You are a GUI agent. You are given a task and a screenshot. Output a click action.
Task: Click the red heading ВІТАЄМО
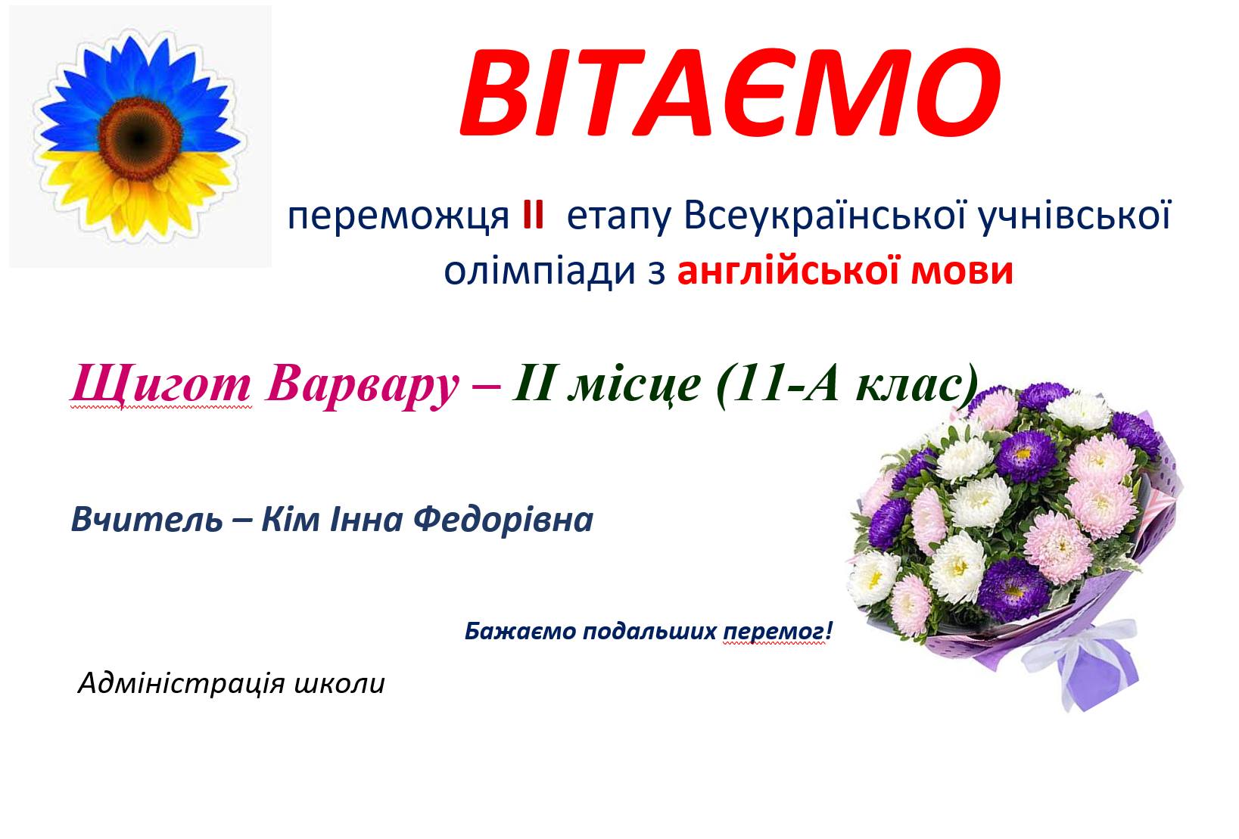730,93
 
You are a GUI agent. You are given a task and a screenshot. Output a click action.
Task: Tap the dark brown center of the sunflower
140,138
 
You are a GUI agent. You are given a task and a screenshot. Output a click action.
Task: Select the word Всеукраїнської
825,214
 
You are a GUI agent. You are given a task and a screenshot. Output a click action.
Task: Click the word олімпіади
540,272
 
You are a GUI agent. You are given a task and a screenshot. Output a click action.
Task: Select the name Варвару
362,384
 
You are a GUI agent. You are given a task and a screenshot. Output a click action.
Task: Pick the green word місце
634,386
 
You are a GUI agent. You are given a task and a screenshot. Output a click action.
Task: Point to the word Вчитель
147,520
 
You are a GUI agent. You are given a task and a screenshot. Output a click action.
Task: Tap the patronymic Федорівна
503,520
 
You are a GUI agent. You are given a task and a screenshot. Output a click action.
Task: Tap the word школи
339,684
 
